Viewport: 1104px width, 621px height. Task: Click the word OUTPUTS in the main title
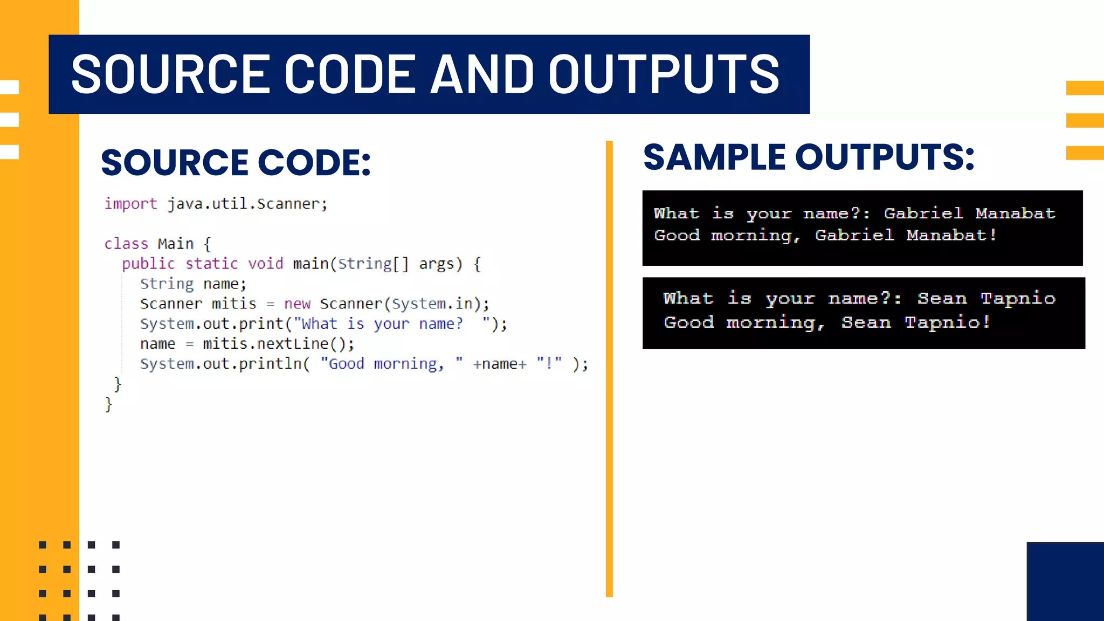point(664,74)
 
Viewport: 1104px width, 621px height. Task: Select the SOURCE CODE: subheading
point(236,162)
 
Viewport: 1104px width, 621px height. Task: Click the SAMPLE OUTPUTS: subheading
point(809,157)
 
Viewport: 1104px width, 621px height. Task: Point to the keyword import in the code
point(130,204)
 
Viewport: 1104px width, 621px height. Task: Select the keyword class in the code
point(126,244)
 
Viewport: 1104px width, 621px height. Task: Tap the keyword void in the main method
point(265,264)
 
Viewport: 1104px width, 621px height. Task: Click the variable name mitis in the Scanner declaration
point(233,304)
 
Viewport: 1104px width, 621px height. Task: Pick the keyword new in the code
point(297,304)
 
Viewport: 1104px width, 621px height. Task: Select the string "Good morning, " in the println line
point(391,364)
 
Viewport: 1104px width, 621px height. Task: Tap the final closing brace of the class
point(108,404)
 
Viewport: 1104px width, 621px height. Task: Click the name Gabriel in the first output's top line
point(923,213)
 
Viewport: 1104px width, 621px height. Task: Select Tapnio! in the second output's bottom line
point(948,322)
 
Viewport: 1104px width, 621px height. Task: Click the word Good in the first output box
point(677,236)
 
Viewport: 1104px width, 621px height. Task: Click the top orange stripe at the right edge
point(1085,87)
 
